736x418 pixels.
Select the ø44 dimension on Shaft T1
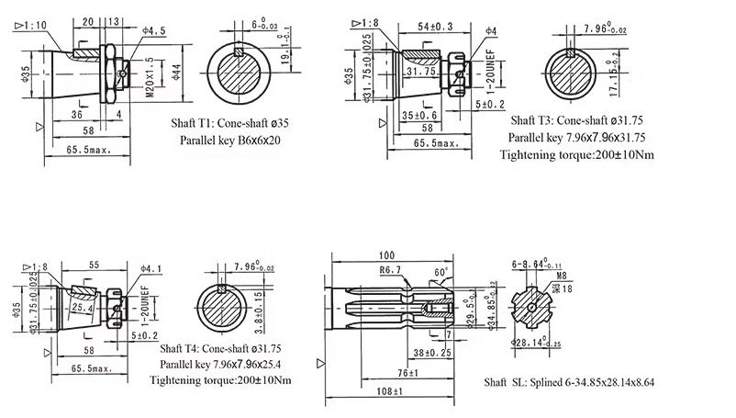tap(176, 73)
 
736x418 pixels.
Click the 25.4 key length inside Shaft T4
tap(84, 310)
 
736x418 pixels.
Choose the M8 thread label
tap(560, 275)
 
